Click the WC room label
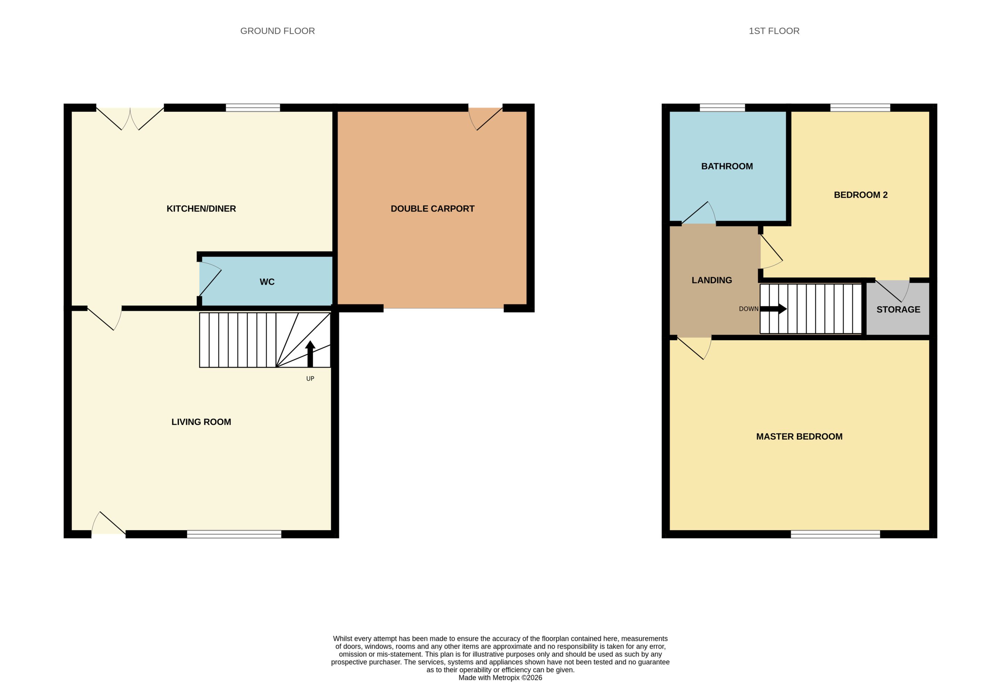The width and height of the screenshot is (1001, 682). pos(267,282)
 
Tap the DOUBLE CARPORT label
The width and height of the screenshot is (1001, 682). pos(432,209)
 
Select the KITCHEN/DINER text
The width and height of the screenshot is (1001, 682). pos(201,209)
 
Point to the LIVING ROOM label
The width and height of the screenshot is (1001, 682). pos(201,422)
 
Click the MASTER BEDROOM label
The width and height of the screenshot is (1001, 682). pos(799,437)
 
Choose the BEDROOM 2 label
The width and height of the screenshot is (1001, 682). pos(861,195)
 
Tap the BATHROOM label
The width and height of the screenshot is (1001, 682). pos(727,166)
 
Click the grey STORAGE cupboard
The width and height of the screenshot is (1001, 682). pos(898,308)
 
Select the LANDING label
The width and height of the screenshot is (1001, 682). pos(711,280)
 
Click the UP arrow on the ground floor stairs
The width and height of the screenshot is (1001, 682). pos(310,354)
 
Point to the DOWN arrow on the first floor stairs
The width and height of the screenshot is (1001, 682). pos(774,308)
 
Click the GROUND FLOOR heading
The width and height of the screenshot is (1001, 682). pos(277,31)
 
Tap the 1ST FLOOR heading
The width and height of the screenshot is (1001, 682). pos(774,31)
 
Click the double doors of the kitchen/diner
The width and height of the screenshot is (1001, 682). pos(130,117)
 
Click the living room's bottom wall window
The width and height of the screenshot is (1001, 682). pos(234,534)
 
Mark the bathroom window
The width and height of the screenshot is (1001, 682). pos(722,107)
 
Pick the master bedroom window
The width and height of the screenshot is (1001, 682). pos(835,534)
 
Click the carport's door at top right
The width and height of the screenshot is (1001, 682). pos(486,118)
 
